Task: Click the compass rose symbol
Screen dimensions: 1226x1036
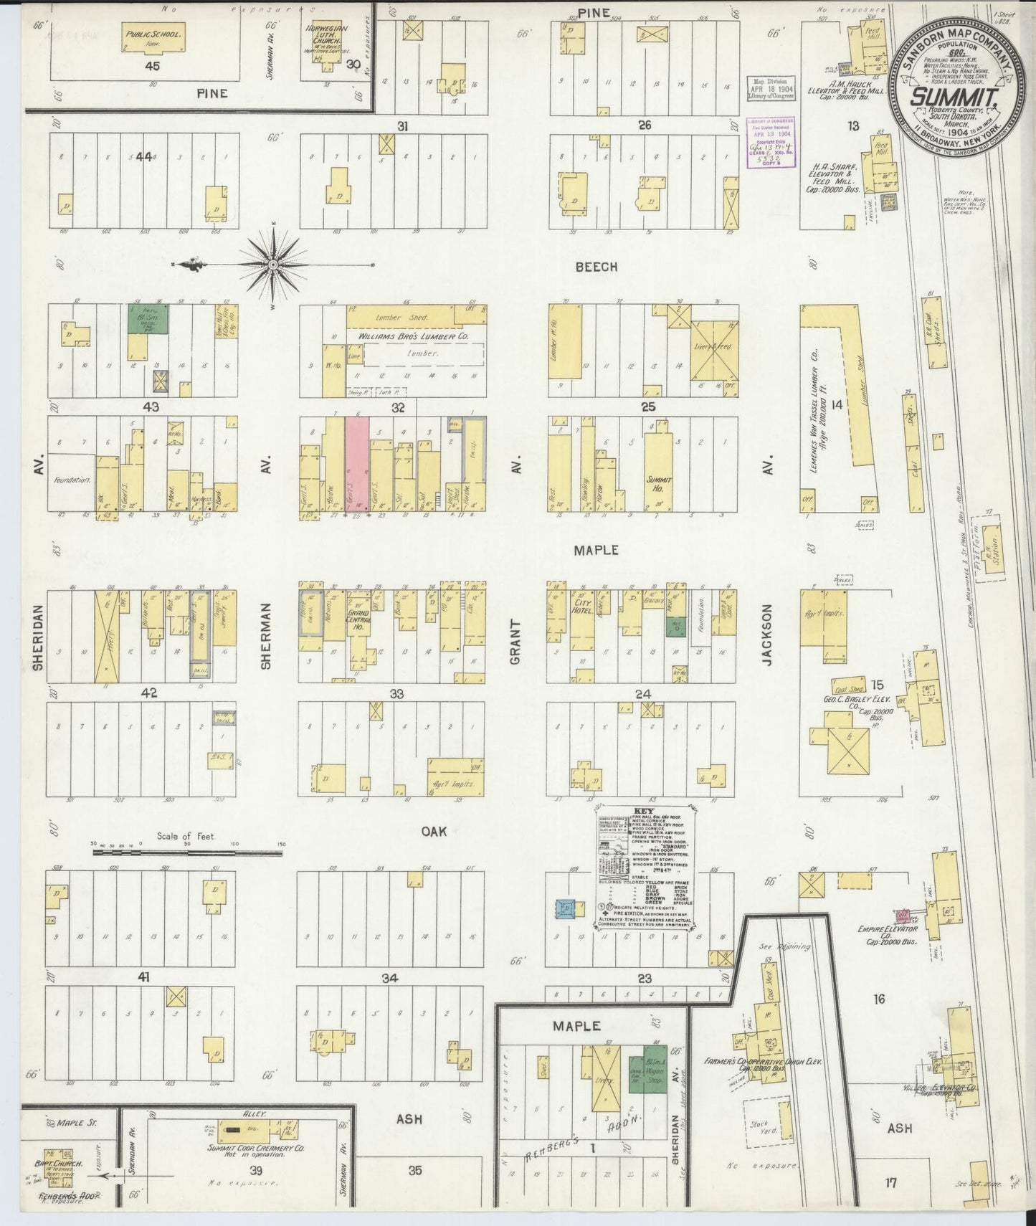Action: (273, 265)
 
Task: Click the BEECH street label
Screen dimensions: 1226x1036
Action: (596, 267)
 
